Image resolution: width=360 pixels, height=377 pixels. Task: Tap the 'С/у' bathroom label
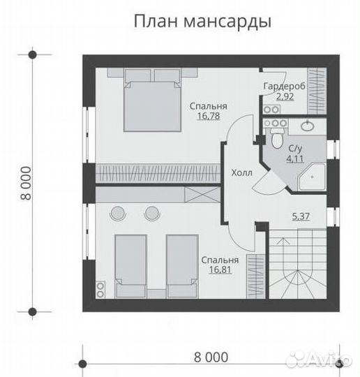294,148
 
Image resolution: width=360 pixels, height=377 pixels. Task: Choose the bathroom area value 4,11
294,158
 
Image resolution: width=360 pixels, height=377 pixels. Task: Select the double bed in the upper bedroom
152,99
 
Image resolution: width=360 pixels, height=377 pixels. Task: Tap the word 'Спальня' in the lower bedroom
218,260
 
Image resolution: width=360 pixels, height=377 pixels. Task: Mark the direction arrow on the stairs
282,240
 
